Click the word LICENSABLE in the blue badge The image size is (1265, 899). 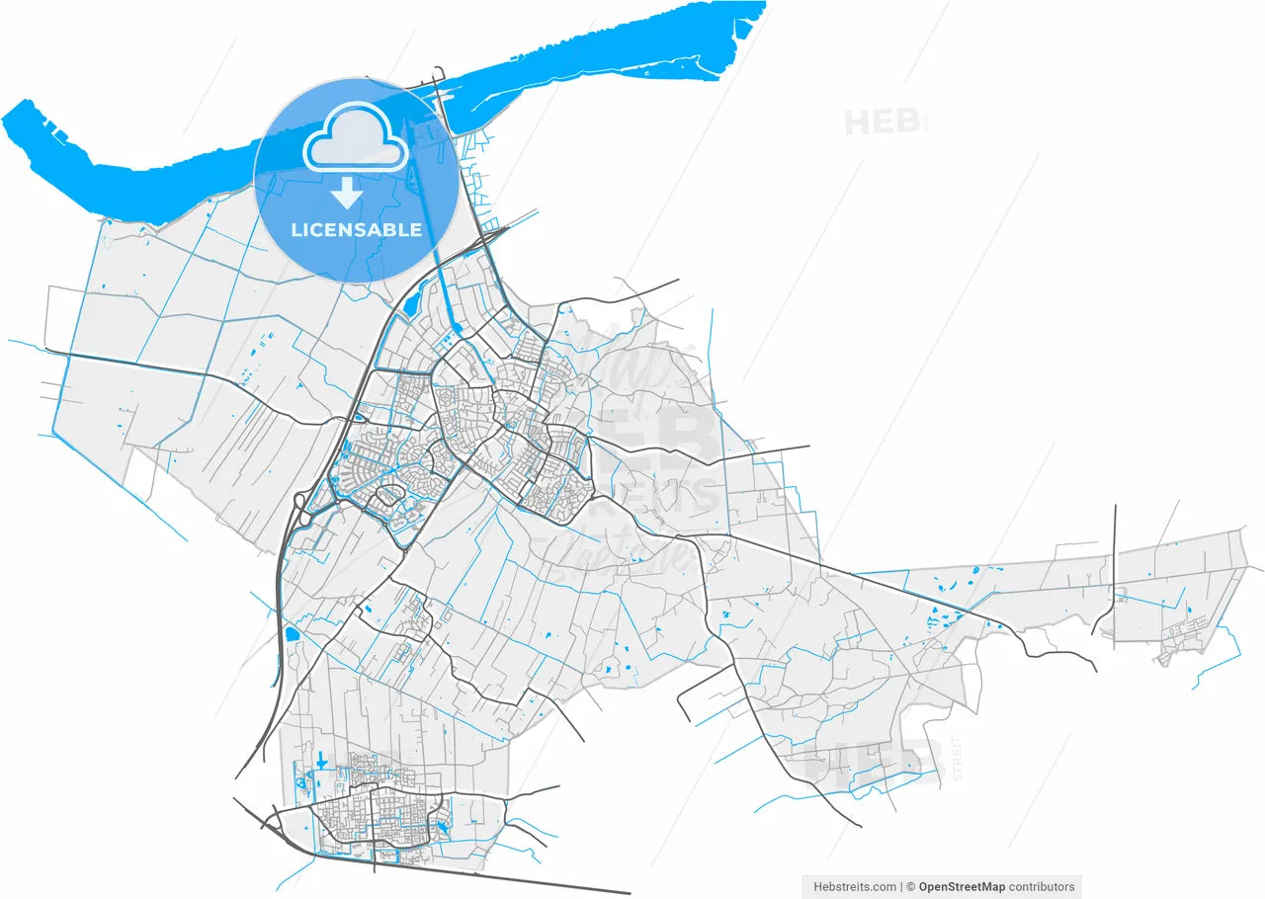point(356,230)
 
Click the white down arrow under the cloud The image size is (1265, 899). point(346,193)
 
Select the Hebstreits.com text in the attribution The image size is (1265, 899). point(855,886)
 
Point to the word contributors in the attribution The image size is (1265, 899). point(1041,886)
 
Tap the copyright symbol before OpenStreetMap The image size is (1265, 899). point(911,886)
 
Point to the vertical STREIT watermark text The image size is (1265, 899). point(957,759)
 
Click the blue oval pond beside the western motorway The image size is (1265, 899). point(292,633)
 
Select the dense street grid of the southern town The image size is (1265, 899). point(376,815)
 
